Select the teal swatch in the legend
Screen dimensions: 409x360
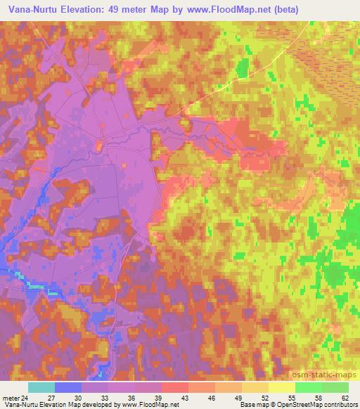(x=41, y=387)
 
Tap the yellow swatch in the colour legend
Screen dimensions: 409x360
(x=281, y=387)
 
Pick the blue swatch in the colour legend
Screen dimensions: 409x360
(x=67, y=387)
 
